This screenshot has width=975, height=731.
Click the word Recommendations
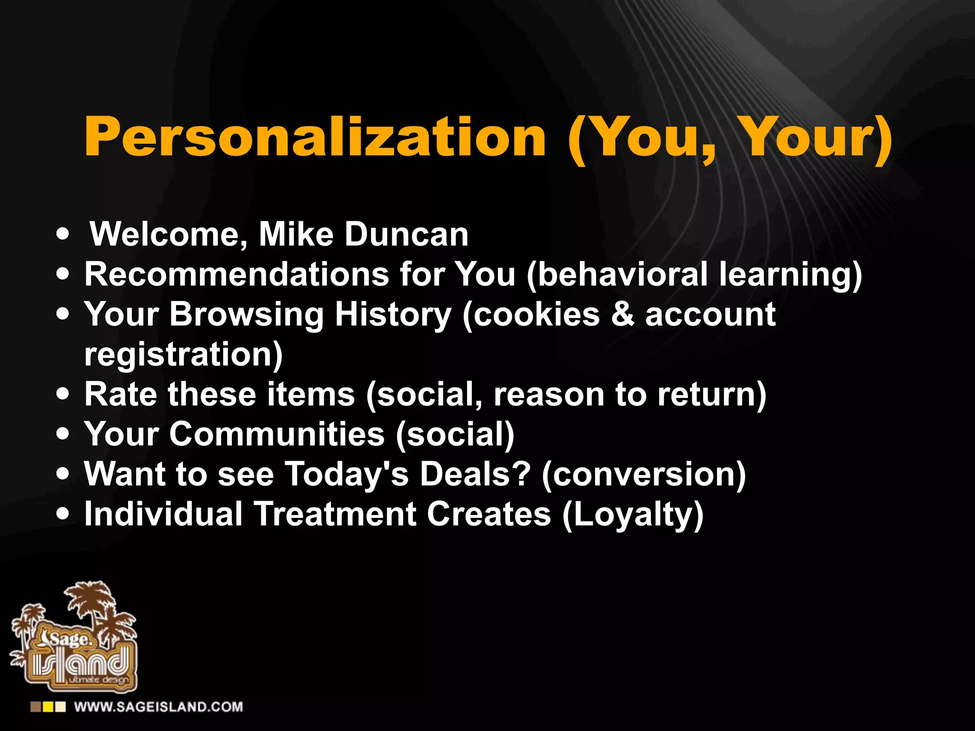[237, 275]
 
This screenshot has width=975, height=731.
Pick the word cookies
[537, 315]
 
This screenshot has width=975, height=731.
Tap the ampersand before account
[623, 315]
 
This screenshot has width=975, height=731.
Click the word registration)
[183, 355]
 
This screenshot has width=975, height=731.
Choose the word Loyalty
[633, 514]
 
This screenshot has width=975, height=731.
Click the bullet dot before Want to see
[62, 474]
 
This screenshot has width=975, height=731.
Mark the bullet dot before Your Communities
[62, 434]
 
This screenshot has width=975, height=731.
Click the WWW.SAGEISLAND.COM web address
[159, 707]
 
